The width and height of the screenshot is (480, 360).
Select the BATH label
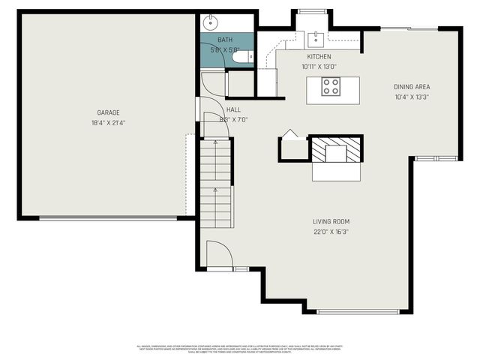[x=225, y=40]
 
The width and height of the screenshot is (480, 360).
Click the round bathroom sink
[x=211, y=22]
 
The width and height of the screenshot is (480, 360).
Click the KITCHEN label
[x=319, y=57]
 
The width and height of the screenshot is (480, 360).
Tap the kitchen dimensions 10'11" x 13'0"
[x=319, y=66]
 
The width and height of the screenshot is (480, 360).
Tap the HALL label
[x=223, y=109]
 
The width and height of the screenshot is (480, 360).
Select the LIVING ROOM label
[x=331, y=221]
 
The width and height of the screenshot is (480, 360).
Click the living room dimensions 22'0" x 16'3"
[x=331, y=232]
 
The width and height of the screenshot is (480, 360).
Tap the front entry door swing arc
[x=220, y=253]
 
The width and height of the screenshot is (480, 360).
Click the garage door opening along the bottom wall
[x=108, y=218]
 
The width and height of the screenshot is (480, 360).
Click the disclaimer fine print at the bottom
[x=240, y=349]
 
